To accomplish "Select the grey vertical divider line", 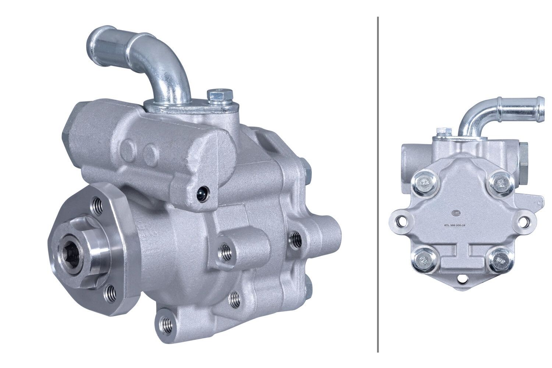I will (x=378, y=184).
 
